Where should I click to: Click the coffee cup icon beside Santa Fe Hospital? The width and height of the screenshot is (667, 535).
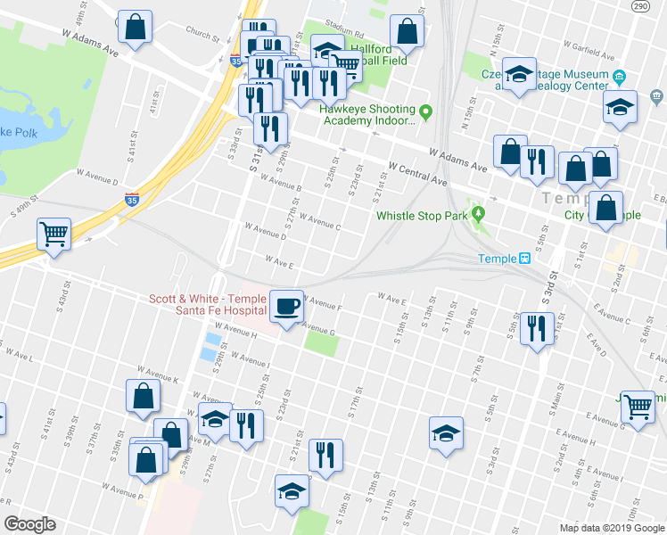click(286, 306)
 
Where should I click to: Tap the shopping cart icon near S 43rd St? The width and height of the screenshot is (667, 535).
click(54, 235)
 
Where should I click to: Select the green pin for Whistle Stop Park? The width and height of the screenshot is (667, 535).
click(479, 214)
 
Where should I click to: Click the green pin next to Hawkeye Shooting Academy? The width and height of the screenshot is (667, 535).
click(426, 111)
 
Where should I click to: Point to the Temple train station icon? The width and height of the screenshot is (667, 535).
click(525, 259)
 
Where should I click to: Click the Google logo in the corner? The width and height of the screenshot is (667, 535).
click(29, 524)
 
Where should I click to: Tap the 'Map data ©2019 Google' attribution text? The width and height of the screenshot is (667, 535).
click(610, 528)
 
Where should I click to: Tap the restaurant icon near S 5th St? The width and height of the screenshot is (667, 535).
click(537, 327)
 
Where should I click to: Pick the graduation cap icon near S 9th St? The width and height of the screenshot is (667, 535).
click(447, 433)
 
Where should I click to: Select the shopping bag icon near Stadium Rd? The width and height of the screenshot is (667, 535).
click(407, 31)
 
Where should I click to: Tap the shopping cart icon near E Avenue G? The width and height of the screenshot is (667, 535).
click(638, 406)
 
